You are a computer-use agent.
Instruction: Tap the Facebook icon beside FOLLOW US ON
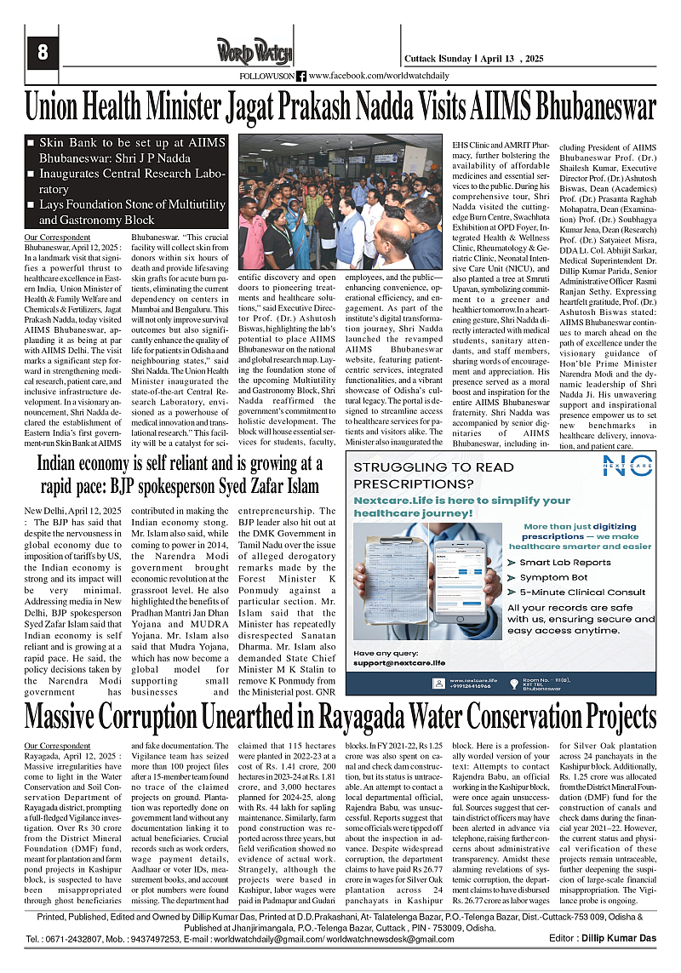coord(301,76)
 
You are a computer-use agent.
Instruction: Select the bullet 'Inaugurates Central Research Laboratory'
coord(128,181)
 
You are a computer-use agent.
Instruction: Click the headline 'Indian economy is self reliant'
coord(180,476)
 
